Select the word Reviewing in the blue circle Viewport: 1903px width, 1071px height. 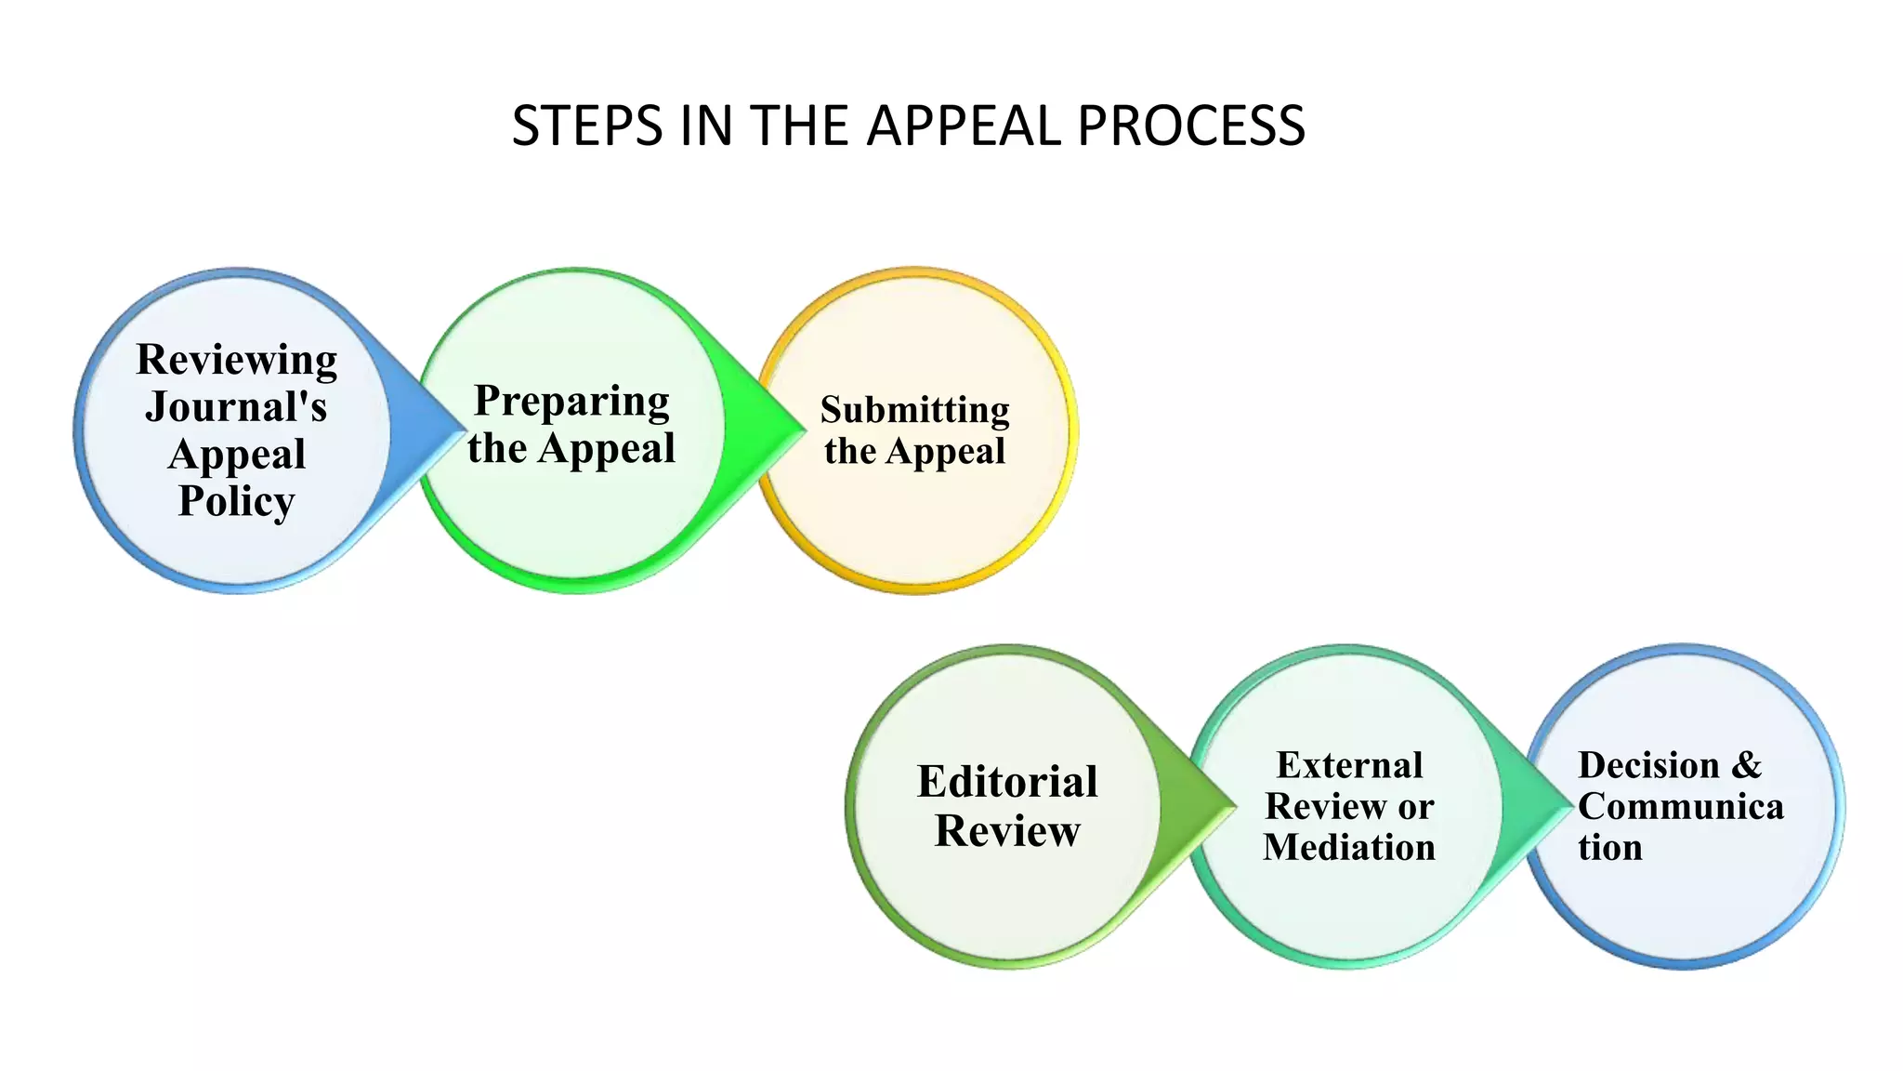point(237,360)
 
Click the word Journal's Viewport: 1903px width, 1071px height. point(236,407)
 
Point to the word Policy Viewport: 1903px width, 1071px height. point(236,501)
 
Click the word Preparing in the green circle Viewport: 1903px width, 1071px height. point(571,401)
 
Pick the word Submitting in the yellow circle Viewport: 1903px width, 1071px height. point(914,410)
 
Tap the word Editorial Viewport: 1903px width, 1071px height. point(1007,782)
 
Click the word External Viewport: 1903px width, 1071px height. point(1349,765)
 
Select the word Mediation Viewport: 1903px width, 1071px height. point(1349,847)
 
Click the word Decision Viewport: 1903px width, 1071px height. point(1648,765)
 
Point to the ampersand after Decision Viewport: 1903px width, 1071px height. point(1747,765)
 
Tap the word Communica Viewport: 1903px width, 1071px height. point(1680,806)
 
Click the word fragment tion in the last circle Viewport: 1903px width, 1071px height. point(1609,847)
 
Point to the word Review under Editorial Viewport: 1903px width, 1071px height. point(1007,830)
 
